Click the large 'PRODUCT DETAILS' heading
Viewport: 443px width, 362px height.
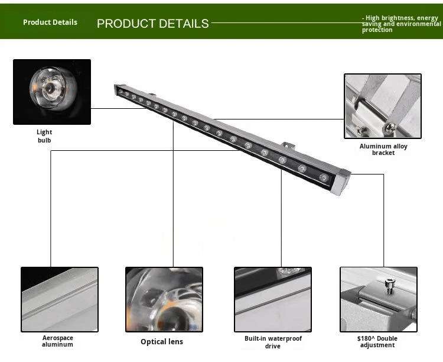pos(152,24)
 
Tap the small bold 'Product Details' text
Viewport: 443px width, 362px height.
pos(50,22)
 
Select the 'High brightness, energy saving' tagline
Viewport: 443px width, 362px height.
pos(401,24)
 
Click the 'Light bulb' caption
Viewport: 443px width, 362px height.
pos(44,136)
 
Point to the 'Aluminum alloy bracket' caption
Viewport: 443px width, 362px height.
pos(383,150)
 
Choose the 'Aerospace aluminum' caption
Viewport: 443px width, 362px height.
pos(58,341)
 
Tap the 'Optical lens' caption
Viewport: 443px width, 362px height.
pos(162,342)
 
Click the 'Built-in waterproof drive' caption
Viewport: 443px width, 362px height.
pos(273,342)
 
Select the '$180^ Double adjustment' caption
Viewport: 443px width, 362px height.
pos(377,342)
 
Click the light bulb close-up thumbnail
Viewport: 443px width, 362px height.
pos(52,92)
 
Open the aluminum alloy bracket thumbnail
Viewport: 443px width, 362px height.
pos(383,106)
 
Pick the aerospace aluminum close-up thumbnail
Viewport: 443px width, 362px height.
pos(60,299)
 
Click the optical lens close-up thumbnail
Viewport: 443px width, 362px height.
pos(164,299)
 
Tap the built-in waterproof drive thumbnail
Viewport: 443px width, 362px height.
pos(273,299)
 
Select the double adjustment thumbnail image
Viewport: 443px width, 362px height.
pos(379,299)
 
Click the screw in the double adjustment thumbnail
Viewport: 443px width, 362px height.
pos(390,286)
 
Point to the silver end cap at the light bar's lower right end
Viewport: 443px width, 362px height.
pos(341,182)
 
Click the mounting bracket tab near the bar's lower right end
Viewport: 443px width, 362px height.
pos(289,146)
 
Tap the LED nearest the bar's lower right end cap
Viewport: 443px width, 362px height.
pos(324,177)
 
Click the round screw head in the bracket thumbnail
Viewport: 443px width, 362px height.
pos(389,127)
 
